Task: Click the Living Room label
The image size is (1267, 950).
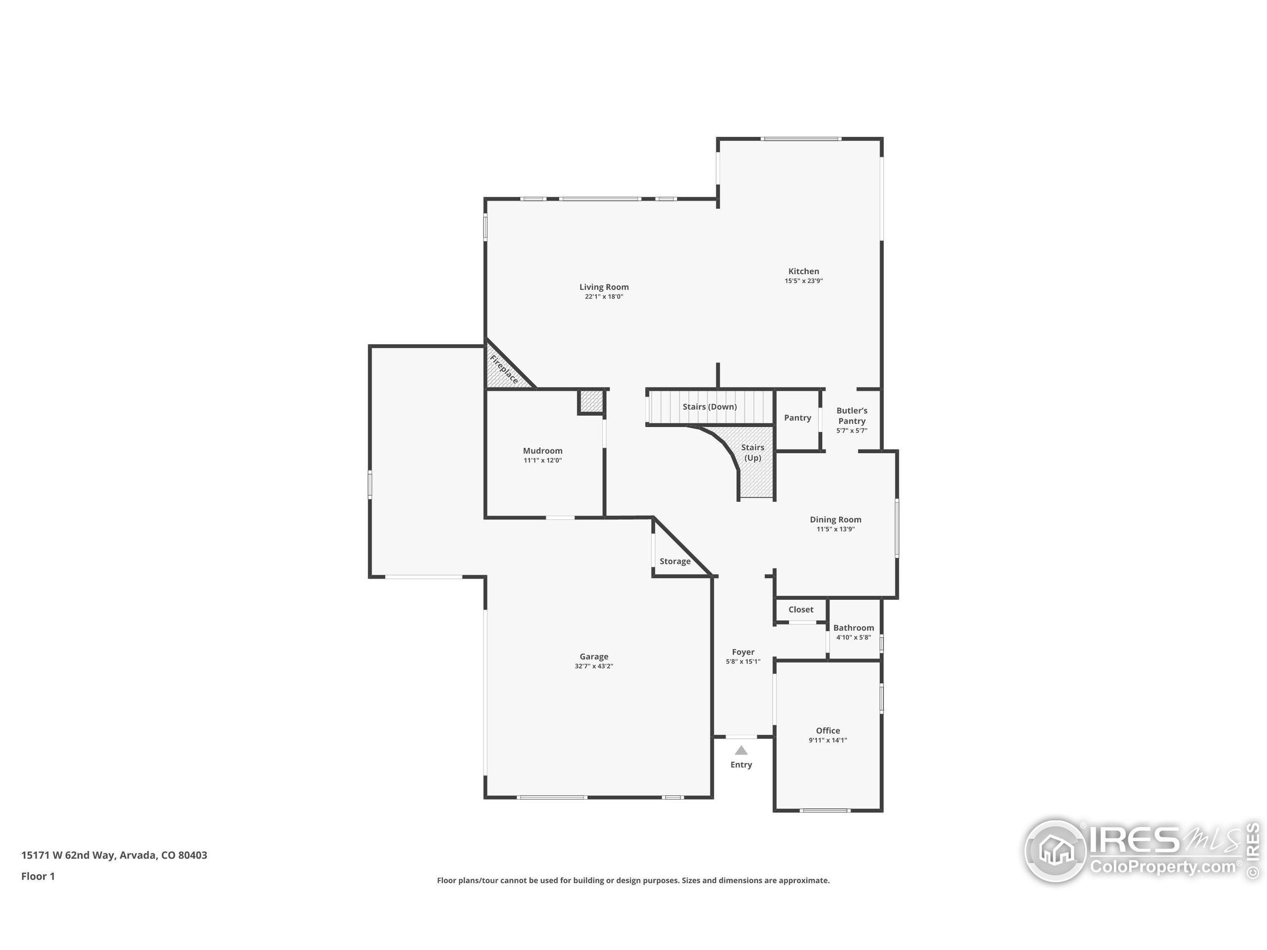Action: tap(604, 287)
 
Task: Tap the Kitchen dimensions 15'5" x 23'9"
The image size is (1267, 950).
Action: tap(803, 281)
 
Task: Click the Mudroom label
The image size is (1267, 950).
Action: tap(542, 451)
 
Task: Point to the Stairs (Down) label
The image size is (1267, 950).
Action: tap(709, 407)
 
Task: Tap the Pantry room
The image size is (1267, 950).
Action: tap(797, 418)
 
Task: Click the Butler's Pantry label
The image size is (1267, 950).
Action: tap(852, 416)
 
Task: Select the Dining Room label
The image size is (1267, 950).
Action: tap(835, 520)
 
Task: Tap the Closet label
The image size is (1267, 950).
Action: tap(800, 609)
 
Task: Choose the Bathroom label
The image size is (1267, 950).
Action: tap(853, 627)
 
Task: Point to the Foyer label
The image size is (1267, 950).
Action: tap(743, 652)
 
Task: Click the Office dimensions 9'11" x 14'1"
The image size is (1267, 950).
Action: tap(828, 740)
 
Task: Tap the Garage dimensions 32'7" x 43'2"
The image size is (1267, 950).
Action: tap(593, 666)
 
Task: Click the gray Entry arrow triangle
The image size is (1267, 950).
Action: tap(741, 750)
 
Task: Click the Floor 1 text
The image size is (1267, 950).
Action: tap(38, 876)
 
